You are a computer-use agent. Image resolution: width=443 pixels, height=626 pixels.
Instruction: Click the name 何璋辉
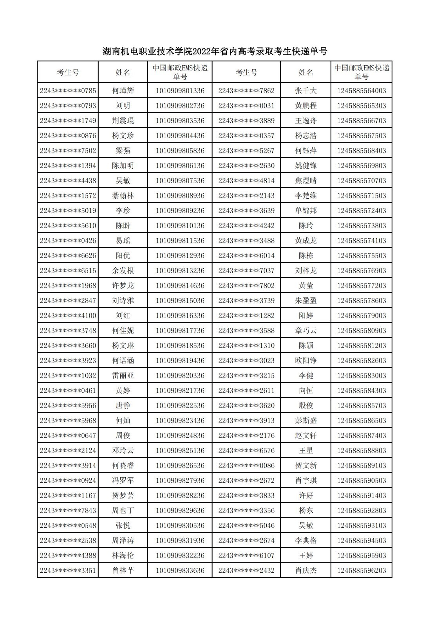point(123,91)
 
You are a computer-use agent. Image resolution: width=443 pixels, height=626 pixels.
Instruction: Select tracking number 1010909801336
point(180,91)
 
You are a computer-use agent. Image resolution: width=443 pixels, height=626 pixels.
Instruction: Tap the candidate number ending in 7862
point(246,91)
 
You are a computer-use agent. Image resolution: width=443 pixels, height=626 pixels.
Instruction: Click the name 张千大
point(306,91)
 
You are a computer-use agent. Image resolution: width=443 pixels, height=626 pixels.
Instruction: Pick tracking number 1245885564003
point(361,91)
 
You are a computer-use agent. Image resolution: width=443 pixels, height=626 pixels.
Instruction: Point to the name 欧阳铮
point(306,361)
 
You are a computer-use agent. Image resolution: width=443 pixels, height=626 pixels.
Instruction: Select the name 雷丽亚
point(123,376)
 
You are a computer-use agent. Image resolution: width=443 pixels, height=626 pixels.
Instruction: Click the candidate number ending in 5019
point(68,210)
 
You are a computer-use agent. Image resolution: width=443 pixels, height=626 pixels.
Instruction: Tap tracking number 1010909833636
point(180,570)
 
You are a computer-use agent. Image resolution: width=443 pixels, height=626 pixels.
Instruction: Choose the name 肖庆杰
point(306,570)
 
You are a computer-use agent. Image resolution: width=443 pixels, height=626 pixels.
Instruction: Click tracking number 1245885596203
point(361,570)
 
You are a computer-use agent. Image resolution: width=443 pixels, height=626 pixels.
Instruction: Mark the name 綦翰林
point(123,196)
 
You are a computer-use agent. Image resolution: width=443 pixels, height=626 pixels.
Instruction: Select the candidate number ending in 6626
point(68,255)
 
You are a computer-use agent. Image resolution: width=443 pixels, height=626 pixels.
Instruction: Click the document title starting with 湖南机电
point(215,51)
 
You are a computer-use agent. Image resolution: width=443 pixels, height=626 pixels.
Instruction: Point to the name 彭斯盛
point(306,421)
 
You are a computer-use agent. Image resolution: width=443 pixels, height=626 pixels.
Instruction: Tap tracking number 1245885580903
point(361,331)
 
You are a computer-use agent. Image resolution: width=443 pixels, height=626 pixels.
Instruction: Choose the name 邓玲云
point(123,451)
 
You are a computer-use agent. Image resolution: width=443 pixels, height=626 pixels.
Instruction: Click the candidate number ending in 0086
point(246,466)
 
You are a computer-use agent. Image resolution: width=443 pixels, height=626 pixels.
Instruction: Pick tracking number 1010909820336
point(180,376)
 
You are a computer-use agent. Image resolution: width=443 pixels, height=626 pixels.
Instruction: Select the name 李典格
point(306,541)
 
